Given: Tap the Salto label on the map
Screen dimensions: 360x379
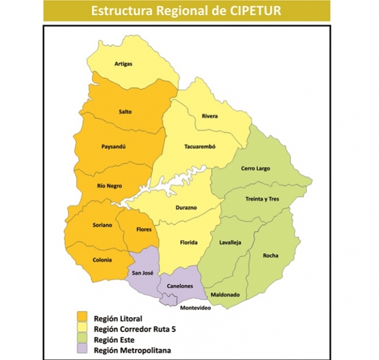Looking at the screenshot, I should point(124,110).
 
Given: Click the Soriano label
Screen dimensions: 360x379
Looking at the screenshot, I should point(101,225).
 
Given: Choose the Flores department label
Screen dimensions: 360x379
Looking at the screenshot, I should point(144,229).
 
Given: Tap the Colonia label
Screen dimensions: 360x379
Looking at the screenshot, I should point(103,260).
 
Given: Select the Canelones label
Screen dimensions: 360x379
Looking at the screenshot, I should point(180,286).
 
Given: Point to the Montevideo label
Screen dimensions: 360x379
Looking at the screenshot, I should point(195,307).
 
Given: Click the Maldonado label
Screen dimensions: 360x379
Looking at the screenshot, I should point(225,295).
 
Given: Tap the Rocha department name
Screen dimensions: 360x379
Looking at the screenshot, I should point(271,255).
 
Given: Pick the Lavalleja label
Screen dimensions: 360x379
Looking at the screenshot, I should point(230,242).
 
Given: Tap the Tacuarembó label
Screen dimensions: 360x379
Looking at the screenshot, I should point(200,146).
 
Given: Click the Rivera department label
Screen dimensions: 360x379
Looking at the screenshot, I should point(209,116).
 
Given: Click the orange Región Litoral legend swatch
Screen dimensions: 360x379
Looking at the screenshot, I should point(83,318).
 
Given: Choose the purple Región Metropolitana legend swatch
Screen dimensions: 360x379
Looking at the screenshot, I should point(83,349).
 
